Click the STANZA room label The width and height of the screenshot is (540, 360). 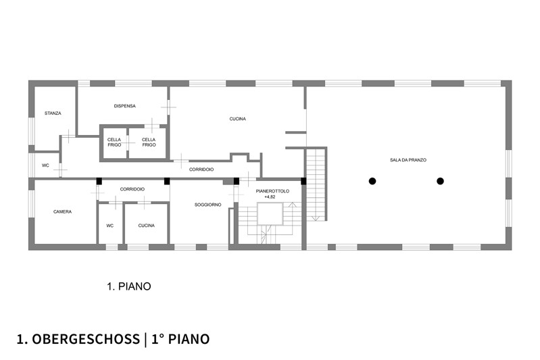tap(53, 113)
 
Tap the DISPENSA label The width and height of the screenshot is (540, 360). tap(124, 106)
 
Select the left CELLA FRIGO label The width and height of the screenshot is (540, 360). tap(114, 142)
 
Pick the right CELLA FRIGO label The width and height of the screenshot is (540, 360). tap(149, 142)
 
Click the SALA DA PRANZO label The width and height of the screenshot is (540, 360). tap(408, 160)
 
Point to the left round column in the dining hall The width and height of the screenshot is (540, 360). tap(372, 181)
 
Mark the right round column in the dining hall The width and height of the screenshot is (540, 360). tap(440, 181)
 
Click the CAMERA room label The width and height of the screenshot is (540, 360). tap(62, 211)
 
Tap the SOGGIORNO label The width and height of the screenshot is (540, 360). tap(207, 205)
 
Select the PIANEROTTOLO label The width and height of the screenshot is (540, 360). tap(272, 191)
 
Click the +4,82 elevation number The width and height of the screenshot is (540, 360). tap(270, 197)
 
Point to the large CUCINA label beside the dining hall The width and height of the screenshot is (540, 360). tap(238, 119)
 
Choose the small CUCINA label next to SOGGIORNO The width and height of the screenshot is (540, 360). tap(147, 226)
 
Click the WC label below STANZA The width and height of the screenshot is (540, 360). tap(45, 165)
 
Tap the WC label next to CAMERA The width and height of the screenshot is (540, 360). tap(110, 226)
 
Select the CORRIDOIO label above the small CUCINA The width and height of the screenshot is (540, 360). tap(132, 189)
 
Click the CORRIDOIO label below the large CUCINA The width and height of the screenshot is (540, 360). tap(201, 170)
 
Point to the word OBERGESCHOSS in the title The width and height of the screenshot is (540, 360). tap(86, 339)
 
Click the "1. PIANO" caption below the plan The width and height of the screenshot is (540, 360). tap(129, 286)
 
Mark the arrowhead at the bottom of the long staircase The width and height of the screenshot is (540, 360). tap(316, 218)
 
